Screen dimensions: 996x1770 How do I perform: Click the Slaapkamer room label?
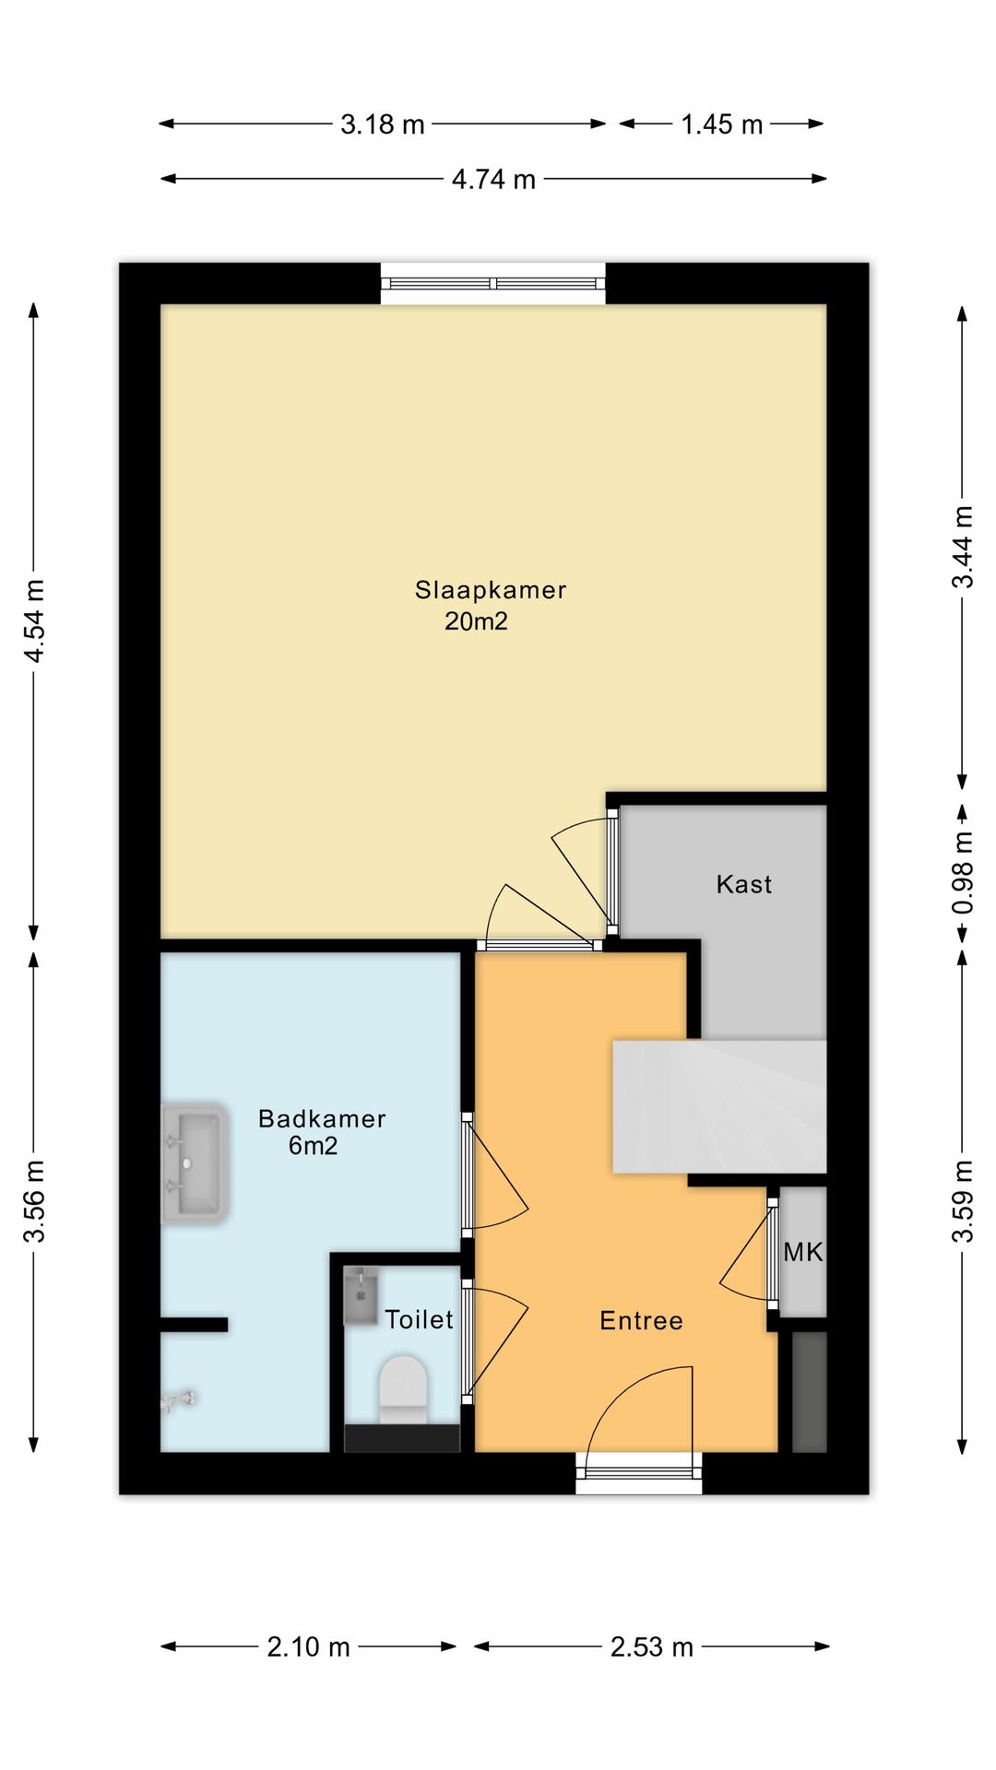(491, 590)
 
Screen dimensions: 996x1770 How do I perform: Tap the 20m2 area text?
(476, 621)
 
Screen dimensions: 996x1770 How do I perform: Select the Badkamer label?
(322, 1119)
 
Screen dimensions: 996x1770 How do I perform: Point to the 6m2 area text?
(314, 1146)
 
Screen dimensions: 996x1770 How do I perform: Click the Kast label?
(744, 885)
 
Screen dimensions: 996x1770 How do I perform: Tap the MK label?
(802, 1252)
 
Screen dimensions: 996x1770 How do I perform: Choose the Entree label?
(641, 1321)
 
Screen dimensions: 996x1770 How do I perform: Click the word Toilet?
(419, 1320)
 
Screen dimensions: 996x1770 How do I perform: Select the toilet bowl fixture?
(403, 1388)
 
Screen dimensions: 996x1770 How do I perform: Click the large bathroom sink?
(195, 1163)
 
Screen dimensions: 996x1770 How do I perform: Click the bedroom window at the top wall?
(493, 284)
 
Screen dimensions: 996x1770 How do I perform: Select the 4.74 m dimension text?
(493, 179)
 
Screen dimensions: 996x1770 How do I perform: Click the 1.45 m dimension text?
(722, 124)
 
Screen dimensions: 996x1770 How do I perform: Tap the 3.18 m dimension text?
(383, 124)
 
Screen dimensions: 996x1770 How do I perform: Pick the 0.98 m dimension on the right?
(963, 872)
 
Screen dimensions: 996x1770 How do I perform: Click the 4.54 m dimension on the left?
(34, 620)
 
